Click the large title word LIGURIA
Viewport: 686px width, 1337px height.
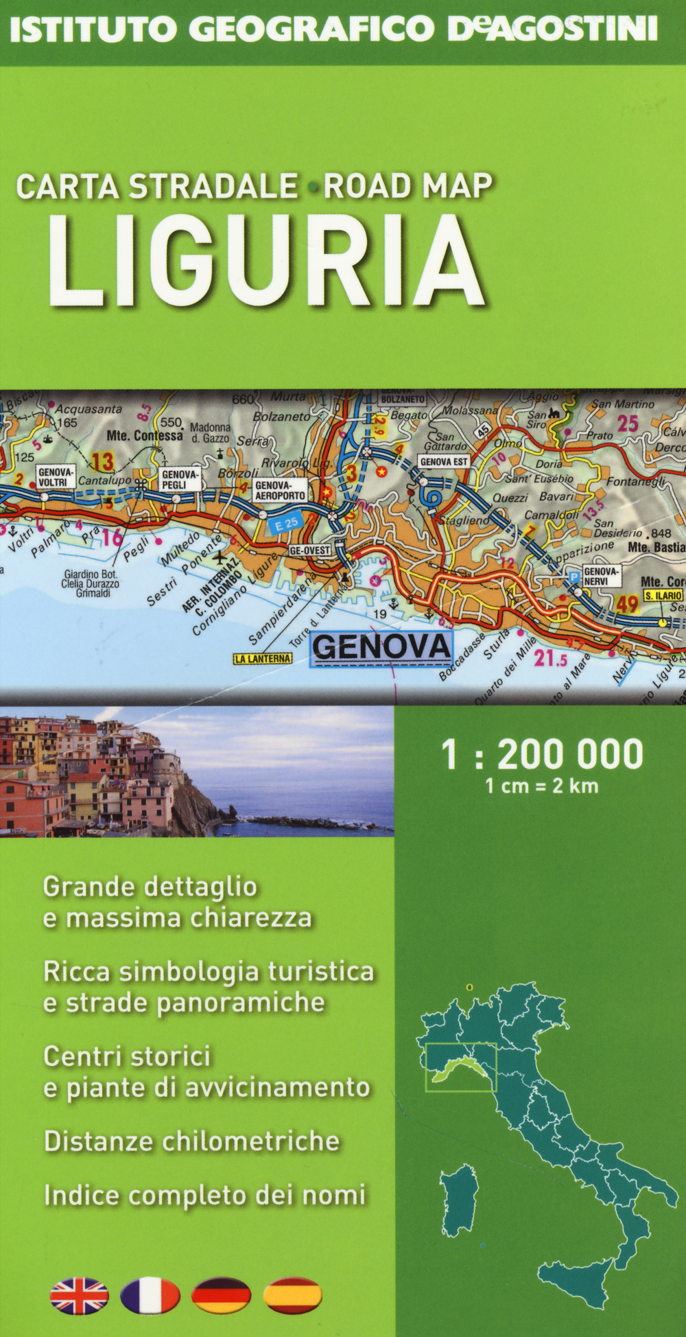tap(266, 261)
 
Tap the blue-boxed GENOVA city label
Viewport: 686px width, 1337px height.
tap(381, 647)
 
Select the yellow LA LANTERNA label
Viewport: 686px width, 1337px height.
tap(263, 659)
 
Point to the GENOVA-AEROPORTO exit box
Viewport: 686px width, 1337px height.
tap(280, 490)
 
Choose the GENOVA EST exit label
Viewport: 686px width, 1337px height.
tap(444, 462)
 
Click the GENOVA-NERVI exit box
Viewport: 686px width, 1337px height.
tap(602, 576)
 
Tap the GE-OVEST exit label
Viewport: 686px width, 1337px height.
tap(310, 550)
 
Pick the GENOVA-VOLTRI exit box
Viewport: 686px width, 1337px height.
tap(55, 477)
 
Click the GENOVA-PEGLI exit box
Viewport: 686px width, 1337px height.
tap(179, 479)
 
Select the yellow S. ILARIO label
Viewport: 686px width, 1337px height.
tap(663, 596)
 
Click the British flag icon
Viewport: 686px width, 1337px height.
tap(79, 1296)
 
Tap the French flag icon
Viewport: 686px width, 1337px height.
tap(150, 1296)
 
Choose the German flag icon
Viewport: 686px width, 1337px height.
tap(221, 1296)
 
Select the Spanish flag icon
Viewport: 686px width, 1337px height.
tap(292, 1296)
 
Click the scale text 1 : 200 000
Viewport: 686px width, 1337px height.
tap(542, 754)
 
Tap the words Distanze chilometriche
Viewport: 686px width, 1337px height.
tap(192, 1141)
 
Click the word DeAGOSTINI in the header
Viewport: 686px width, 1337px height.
tap(552, 30)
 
